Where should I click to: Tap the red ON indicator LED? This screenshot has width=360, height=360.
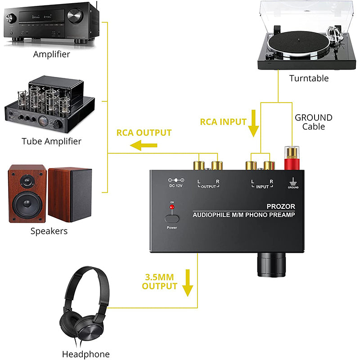point(171,207)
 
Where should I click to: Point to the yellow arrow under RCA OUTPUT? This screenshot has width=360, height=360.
point(144,145)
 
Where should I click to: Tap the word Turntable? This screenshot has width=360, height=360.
point(309,78)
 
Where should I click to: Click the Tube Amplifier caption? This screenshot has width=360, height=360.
point(51,141)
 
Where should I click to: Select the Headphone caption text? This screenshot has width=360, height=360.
point(85,354)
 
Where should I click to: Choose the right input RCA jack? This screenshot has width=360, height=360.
point(269,166)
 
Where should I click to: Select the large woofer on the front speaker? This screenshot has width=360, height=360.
point(28,205)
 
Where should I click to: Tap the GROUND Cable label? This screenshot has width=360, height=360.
point(314,122)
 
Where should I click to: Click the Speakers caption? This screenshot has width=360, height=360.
point(49,231)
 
